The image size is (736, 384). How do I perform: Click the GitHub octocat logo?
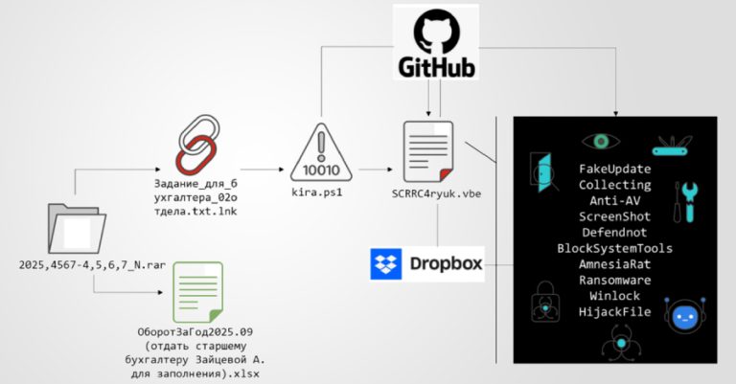pyautogui.click(x=440, y=32)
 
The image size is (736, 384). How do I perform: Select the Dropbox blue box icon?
pyautogui.click(x=387, y=263)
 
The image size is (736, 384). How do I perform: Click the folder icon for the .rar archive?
pyautogui.click(x=76, y=231)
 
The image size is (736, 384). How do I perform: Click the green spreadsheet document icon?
pyautogui.click(x=197, y=293)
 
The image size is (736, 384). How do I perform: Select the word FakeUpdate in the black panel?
pyautogui.click(x=614, y=169)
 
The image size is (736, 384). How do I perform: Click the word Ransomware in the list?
pyautogui.click(x=614, y=280)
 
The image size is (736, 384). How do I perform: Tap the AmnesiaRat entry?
pyautogui.click(x=614, y=264)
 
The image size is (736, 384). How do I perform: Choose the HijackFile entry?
pyautogui.click(x=614, y=311)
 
